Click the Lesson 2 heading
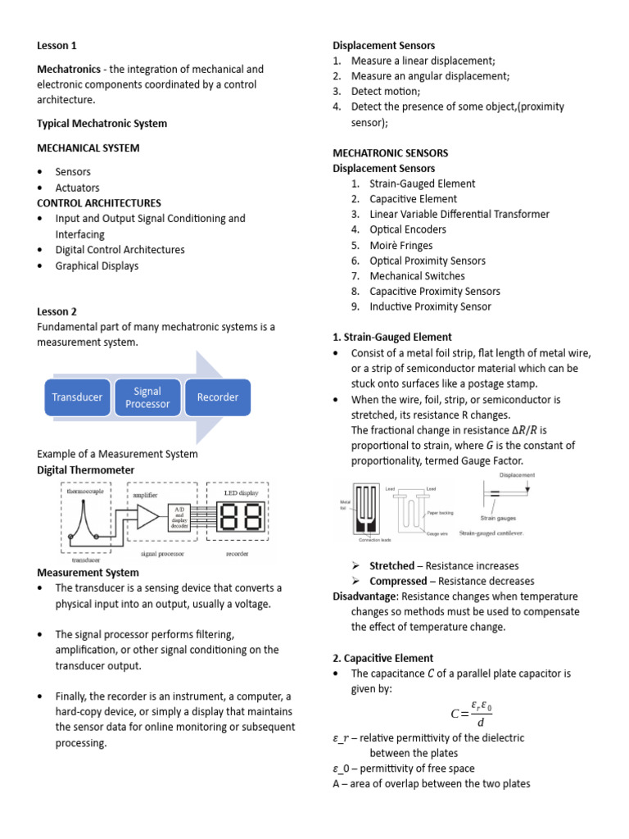(x=57, y=311)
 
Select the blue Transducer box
(x=77, y=397)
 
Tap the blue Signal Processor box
(x=147, y=397)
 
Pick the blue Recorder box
(x=218, y=397)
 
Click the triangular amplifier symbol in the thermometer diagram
(x=147, y=516)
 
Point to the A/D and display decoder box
(x=180, y=517)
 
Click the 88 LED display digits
(x=241, y=517)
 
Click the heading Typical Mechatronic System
(x=102, y=124)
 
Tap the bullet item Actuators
(x=77, y=188)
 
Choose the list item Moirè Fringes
(x=400, y=245)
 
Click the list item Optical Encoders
(x=407, y=229)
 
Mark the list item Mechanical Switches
(x=416, y=276)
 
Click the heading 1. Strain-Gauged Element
(x=391, y=337)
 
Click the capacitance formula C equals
(x=470, y=711)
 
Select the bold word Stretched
(x=391, y=565)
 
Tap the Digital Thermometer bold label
(x=86, y=469)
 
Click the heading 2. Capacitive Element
(x=382, y=658)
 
